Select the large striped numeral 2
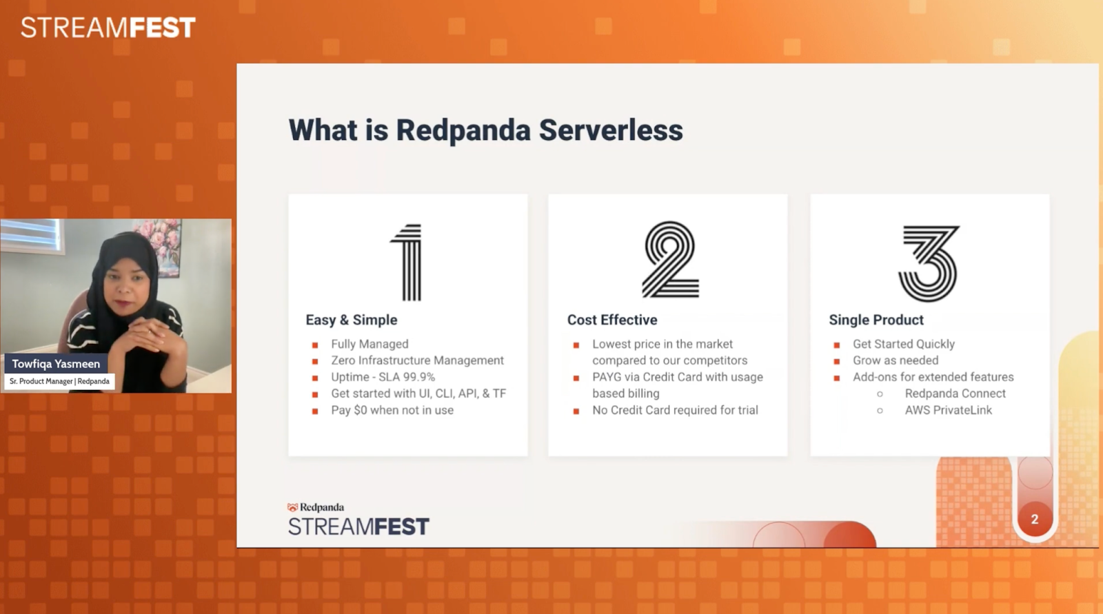pos(670,260)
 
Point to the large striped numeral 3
pos(929,263)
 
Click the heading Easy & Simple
pos(352,320)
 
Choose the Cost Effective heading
pos(612,320)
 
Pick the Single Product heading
pos(876,320)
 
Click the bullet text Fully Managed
pos(370,344)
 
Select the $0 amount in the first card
pos(360,410)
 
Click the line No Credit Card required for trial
pos(675,410)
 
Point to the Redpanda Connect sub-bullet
pos(955,393)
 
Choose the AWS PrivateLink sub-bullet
pos(948,410)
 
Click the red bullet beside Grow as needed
pos(837,361)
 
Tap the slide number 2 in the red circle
pos(1034,519)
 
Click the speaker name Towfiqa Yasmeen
pos(56,364)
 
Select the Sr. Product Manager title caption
pos(59,381)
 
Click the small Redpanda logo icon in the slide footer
pos(292,508)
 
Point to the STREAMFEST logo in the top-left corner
pos(108,28)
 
